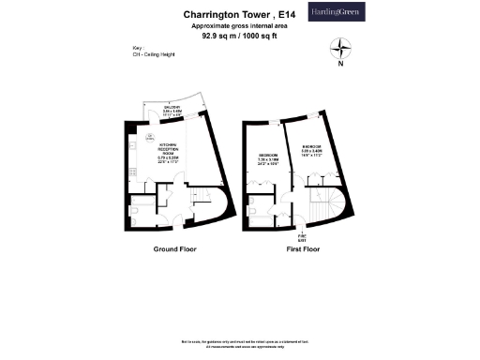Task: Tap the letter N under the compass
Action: (x=341, y=66)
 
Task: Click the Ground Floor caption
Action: (x=172, y=251)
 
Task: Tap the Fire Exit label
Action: (x=302, y=237)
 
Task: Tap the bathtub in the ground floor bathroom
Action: (x=142, y=199)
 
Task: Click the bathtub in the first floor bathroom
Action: (x=258, y=199)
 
